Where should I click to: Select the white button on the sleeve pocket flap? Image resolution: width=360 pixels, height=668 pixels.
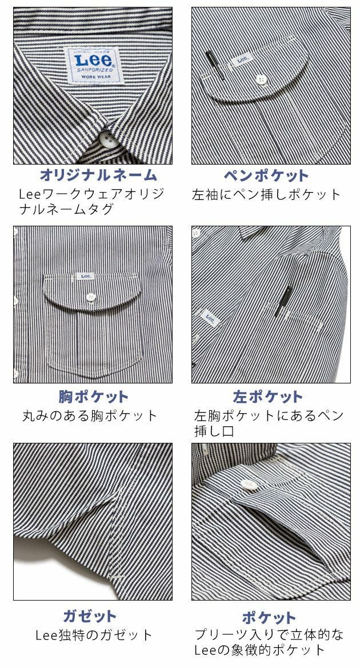click(262, 79)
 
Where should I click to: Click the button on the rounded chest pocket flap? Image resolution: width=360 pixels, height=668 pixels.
click(90, 296)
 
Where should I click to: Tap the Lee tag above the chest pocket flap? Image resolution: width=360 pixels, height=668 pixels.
click(86, 276)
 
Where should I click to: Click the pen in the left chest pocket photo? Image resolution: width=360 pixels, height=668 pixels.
click(283, 302)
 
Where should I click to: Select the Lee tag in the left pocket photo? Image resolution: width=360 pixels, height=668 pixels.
click(209, 320)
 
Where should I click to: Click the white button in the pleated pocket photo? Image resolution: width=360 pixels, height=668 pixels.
click(248, 483)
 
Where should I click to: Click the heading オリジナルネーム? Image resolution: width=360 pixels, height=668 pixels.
click(98, 175)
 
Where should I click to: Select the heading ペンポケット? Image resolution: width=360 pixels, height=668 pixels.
click(266, 175)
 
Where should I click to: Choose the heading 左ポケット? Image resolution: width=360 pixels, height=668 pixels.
click(267, 397)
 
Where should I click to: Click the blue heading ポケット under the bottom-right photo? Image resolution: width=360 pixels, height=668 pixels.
click(269, 618)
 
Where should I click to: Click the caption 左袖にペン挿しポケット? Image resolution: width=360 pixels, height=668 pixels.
click(267, 194)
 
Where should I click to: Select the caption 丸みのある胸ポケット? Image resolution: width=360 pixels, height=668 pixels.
click(90, 415)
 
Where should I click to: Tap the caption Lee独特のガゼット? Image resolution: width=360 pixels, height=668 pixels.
click(94, 635)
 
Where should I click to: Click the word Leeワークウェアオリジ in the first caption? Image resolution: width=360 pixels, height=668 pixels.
click(91, 194)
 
